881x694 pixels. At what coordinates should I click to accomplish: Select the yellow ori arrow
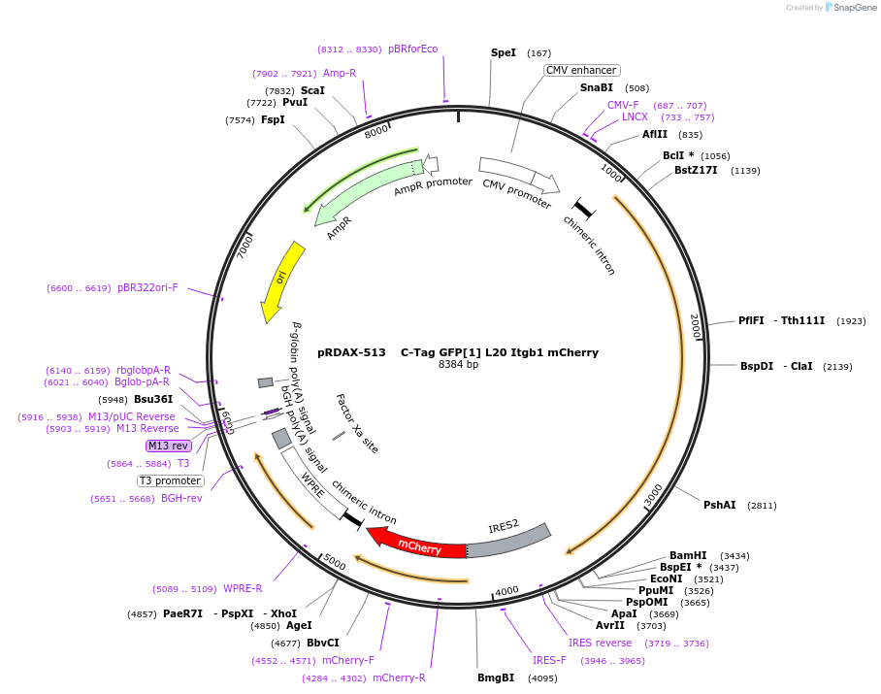pyautogui.click(x=282, y=281)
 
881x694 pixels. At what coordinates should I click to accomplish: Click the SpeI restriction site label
pyautogui.click(x=504, y=52)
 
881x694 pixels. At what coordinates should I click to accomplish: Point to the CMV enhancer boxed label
pyautogui.click(x=581, y=70)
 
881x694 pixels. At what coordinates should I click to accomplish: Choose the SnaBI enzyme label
pyautogui.click(x=597, y=87)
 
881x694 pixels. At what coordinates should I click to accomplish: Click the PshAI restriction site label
pyautogui.click(x=720, y=505)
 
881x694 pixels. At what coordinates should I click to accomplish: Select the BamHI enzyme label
pyautogui.click(x=688, y=555)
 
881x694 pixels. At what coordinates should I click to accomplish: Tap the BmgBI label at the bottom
pyautogui.click(x=496, y=677)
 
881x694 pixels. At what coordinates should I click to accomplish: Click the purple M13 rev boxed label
pyautogui.click(x=168, y=446)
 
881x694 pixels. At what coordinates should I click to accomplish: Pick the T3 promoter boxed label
pyautogui.click(x=171, y=480)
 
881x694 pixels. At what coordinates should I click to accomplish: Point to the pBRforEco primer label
pyautogui.click(x=412, y=49)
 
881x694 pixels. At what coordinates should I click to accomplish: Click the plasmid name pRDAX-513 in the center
pyautogui.click(x=351, y=352)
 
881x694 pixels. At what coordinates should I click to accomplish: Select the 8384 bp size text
pyautogui.click(x=458, y=365)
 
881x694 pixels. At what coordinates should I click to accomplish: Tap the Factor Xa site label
pyautogui.click(x=356, y=423)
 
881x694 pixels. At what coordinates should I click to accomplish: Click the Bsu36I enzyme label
pyautogui.click(x=153, y=399)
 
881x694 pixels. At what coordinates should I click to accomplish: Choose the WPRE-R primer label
pyautogui.click(x=243, y=588)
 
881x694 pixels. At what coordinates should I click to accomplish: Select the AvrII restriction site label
pyautogui.click(x=610, y=625)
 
